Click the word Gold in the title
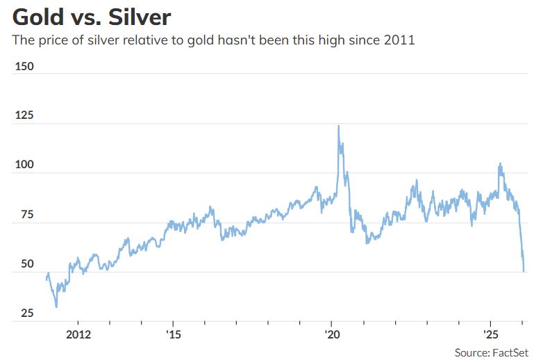(x=38, y=17)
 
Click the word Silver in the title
(x=140, y=17)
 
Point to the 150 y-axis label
(x=24, y=66)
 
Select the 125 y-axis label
(x=24, y=115)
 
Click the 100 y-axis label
(x=24, y=165)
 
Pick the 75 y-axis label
(x=27, y=215)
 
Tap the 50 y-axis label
(x=27, y=264)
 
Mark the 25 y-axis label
(x=27, y=313)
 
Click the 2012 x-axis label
(x=78, y=334)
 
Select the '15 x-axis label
(x=174, y=334)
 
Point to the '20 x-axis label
(x=332, y=334)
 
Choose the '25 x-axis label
(x=491, y=334)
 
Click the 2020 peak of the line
(x=338, y=126)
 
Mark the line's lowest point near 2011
(x=56, y=306)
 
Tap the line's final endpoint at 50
(x=524, y=271)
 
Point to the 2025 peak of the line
(x=500, y=163)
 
